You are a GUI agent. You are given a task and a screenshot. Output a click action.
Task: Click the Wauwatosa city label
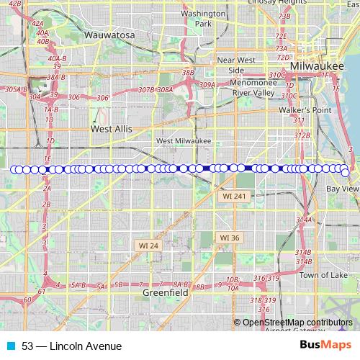(x=110, y=34)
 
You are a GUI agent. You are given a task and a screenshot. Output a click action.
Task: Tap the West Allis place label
(x=111, y=128)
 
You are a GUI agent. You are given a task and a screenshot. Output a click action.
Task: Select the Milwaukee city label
(x=315, y=66)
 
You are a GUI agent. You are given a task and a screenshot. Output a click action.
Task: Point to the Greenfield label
(x=166, y=293)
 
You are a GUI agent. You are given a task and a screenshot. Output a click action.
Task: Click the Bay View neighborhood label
(x=342, y=189)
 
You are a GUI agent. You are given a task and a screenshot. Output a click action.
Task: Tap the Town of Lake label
(x=323, y=275)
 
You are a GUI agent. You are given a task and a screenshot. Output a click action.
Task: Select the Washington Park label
(x=203, y=18)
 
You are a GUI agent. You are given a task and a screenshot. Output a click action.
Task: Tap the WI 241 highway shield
(x=234, y=196)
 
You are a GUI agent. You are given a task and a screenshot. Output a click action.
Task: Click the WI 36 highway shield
(x=230, y=237)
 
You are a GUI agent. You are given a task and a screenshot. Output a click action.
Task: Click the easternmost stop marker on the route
(x=346, y=173)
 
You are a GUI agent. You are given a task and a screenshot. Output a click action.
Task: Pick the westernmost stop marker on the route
(x=14, y=170)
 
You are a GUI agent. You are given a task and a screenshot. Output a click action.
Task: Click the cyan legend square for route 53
(x=11, y=346)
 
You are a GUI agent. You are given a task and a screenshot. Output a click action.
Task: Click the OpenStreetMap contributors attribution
(x=297, y=323)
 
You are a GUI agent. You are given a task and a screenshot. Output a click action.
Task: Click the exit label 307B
(x=147, y=90)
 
